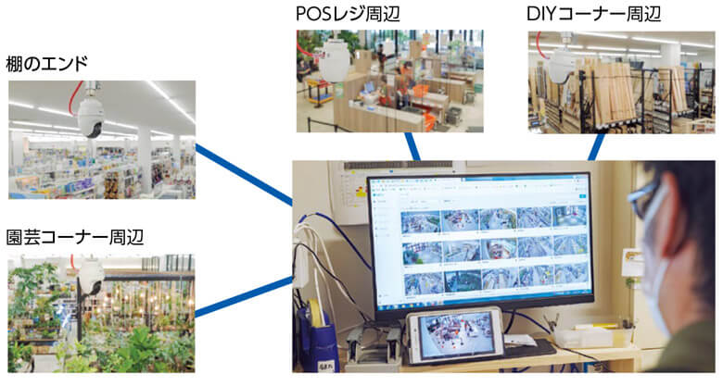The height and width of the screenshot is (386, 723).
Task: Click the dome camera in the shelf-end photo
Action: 90,117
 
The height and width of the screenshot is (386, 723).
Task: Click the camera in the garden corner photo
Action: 90,276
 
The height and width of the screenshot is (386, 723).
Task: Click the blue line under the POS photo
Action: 413,146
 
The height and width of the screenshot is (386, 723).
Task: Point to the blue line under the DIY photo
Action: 597,145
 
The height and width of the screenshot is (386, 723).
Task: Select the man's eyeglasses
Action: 643,199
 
